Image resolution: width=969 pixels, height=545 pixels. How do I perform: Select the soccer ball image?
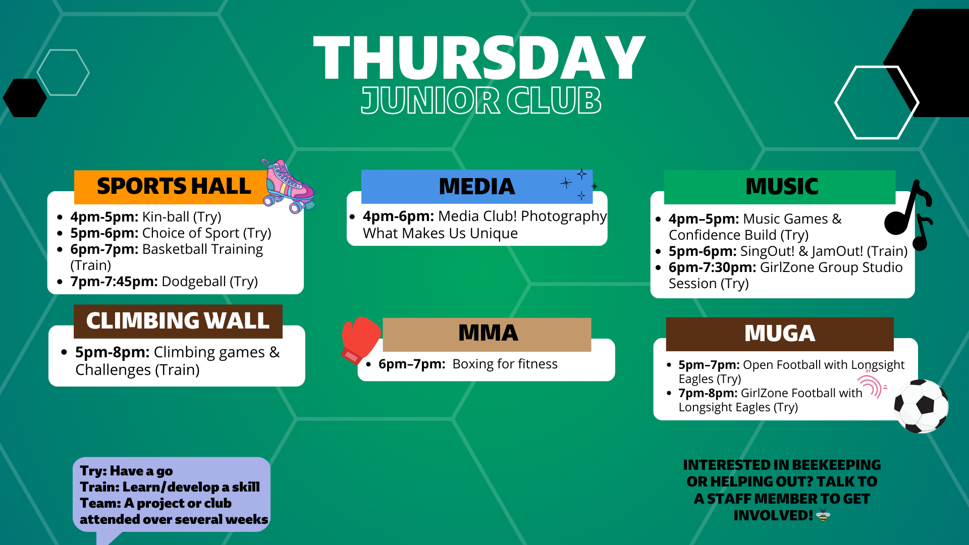(921, 406)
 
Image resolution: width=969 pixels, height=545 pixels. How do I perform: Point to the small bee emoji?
(823, 515)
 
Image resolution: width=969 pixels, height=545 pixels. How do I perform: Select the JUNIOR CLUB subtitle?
(481, 100)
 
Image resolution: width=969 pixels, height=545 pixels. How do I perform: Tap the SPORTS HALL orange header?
(172, 187)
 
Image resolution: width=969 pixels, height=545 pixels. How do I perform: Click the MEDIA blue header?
(476, 187)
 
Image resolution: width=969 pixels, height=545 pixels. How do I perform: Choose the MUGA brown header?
(779, 334)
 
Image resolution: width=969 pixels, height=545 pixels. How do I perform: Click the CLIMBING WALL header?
(178, 321)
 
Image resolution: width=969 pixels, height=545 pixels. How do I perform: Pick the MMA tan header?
(487, 334)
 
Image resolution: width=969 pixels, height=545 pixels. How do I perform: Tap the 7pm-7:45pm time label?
(114, 282)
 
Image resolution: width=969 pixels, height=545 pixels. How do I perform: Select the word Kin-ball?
(166, 217)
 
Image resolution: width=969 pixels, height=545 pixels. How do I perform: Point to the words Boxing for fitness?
(505, 364)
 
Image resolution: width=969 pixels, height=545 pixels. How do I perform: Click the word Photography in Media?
(563, 216)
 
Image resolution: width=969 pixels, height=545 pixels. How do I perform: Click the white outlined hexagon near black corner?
(876, 102)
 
